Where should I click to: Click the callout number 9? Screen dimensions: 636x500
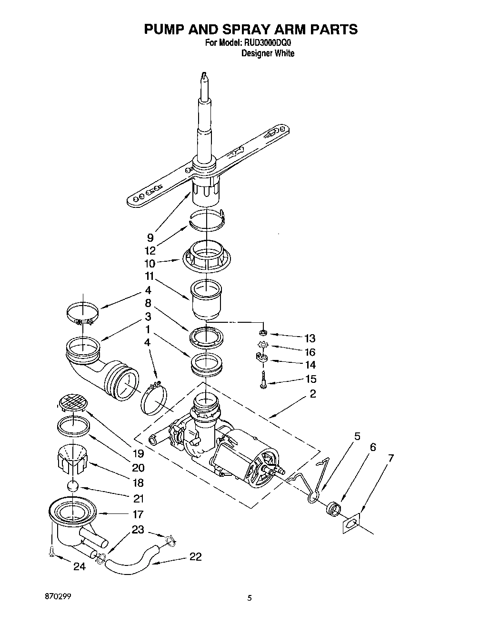pyautogui.click(x=150, y=237)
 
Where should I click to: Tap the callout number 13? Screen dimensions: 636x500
pyautogui.click(x=310, y=339)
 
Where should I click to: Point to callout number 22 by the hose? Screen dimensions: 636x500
pyautogui.click(x=195, y=556)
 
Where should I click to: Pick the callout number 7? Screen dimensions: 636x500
pyautogui.click(x=391, y=459)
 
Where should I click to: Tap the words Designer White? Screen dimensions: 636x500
pyautogui.click(x=268, y=53)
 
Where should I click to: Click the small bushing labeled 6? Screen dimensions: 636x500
pyautogui.click(x=333, y=509)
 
